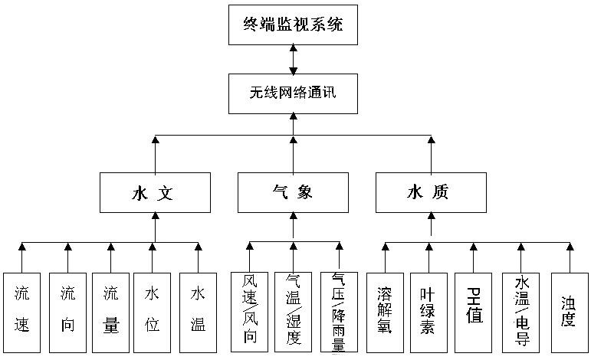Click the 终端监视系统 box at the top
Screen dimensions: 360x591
294,25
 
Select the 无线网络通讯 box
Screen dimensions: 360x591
294,93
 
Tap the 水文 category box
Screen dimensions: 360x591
154,192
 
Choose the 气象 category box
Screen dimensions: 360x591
292,192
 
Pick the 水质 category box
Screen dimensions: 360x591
430,192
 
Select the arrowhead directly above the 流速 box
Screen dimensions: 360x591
22,247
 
